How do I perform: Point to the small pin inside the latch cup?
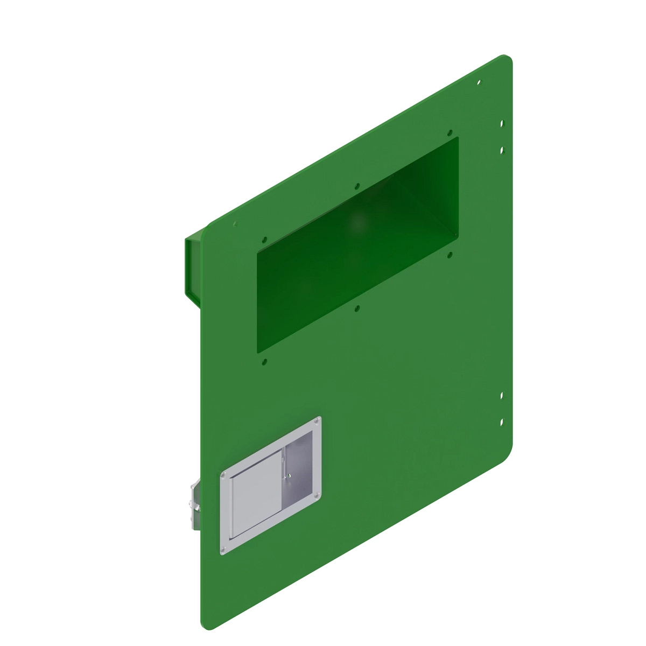point(289,475)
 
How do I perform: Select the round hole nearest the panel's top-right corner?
point(479,83)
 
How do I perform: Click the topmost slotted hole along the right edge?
point(502,123)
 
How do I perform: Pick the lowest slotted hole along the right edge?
point(502,423)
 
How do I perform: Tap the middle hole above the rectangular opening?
point(356,187)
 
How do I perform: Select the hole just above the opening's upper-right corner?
point(449,132)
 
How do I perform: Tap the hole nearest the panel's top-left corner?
point(235,224)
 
